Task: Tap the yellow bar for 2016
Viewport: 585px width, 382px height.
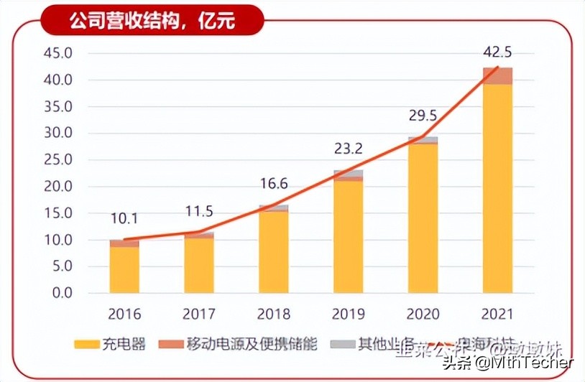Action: [x=124, y=269]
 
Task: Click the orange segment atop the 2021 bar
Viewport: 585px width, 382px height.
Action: [x=497, y=76]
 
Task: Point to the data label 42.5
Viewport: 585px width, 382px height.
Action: [x=497, y=52]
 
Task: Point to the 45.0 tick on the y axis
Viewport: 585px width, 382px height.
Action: [x=58, y=54]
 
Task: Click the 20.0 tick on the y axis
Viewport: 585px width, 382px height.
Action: [x=58, y=187]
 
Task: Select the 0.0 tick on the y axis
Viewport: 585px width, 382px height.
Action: [x=62, y=293]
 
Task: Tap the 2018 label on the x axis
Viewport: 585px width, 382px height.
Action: [x=274, y=315]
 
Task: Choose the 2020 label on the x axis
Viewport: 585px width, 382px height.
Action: [x=423, y=315]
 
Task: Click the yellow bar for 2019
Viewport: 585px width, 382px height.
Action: [x=349, y=237]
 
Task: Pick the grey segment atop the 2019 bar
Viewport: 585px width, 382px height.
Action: [x=349, y=174]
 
